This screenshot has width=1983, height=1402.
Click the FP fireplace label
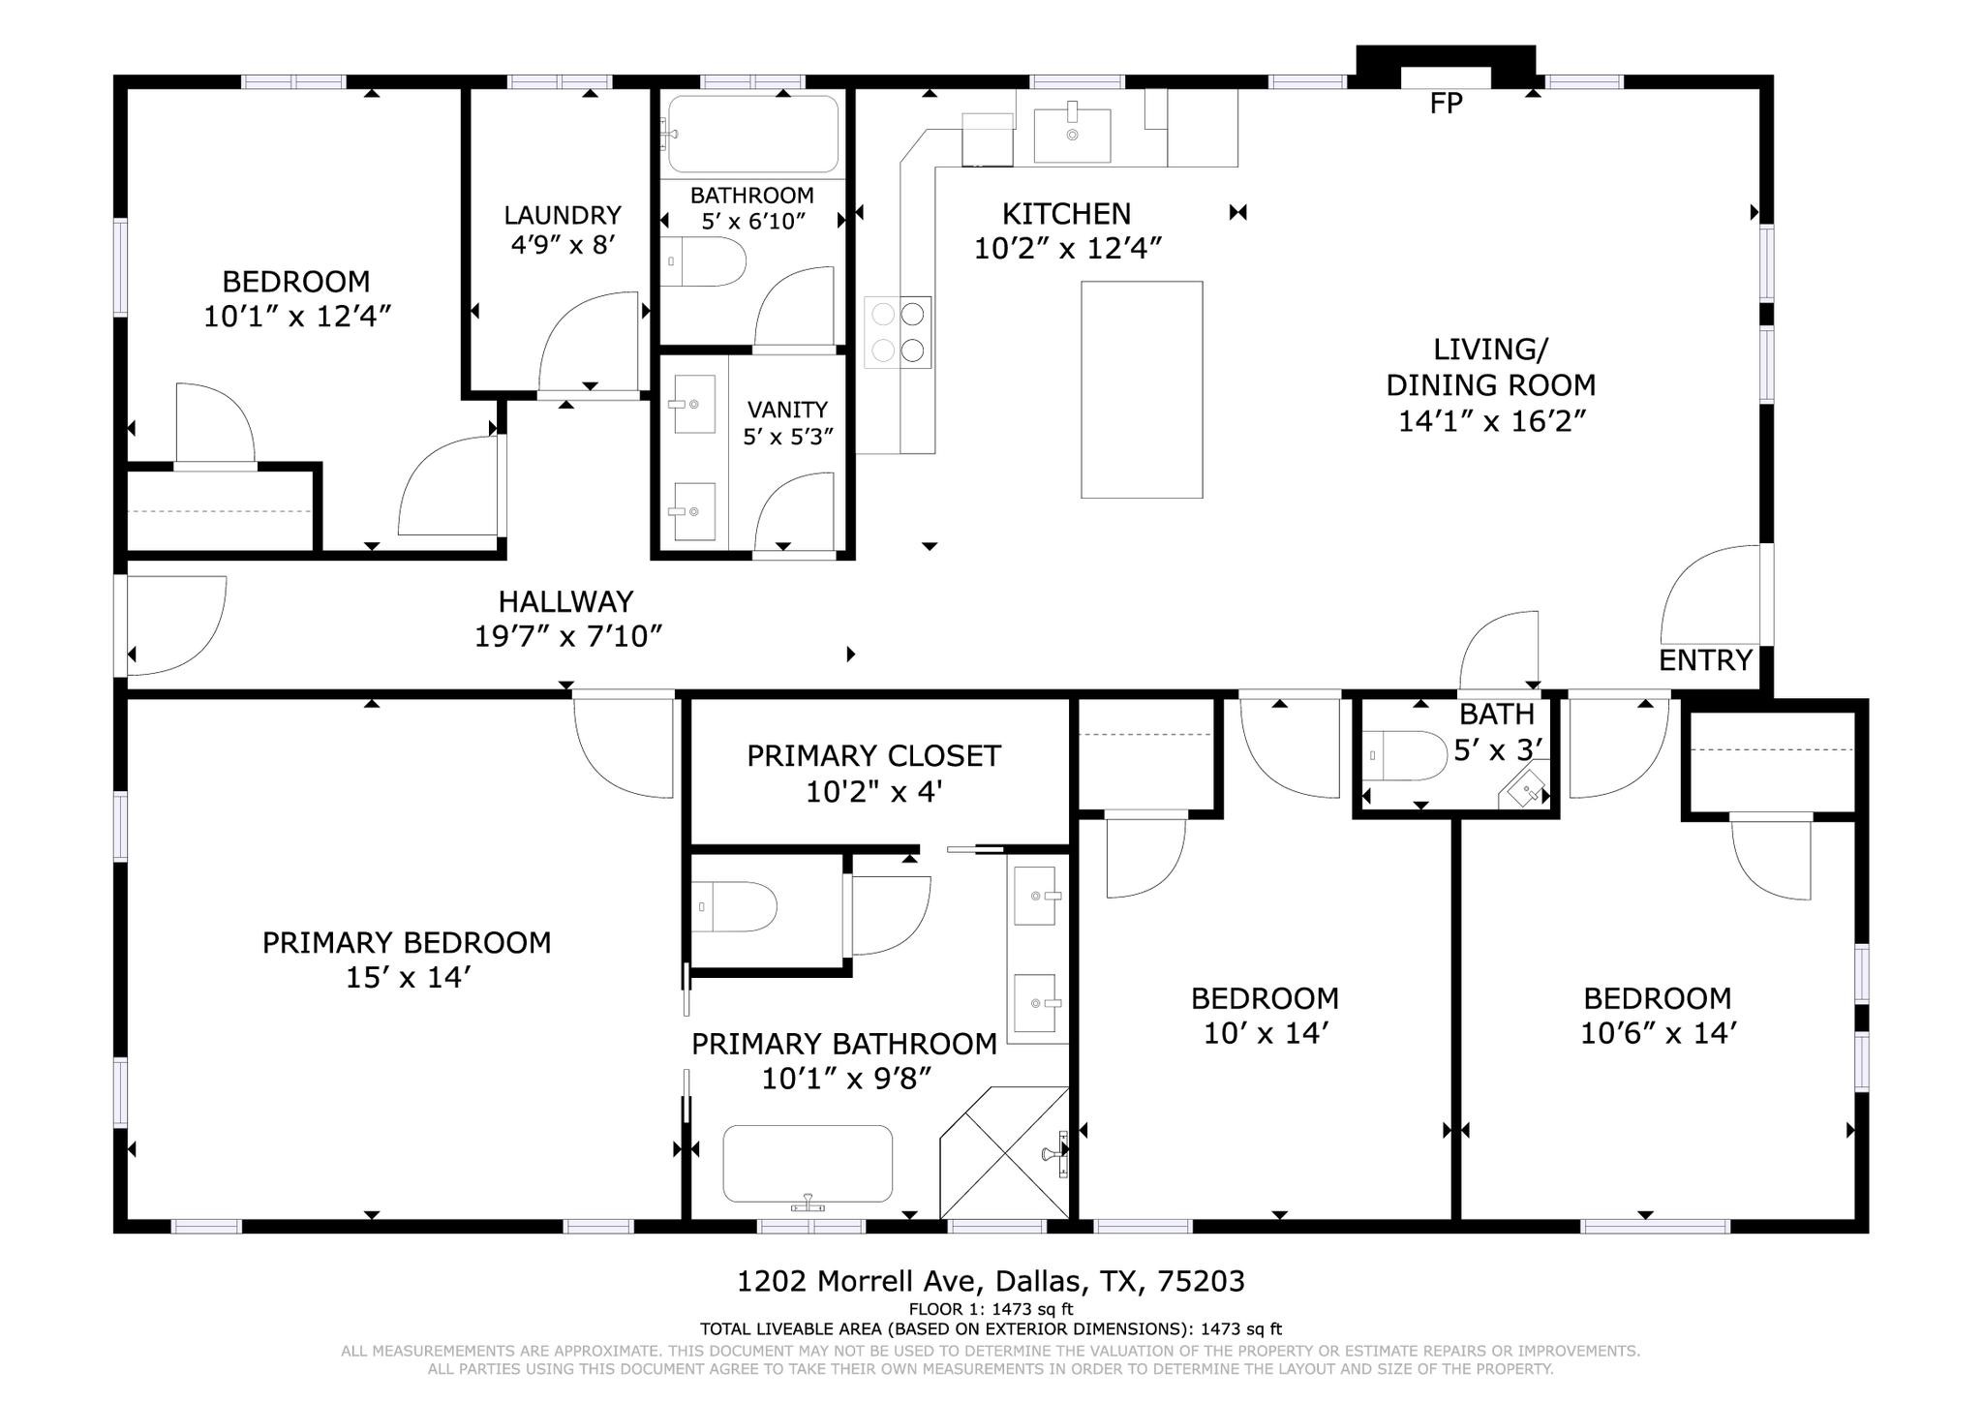(x=1446, y=103)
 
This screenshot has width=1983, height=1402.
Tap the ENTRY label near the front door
(x=1705, y=660)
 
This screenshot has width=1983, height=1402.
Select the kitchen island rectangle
(x=1142, y=389)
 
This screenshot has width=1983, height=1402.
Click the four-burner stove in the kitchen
(x=898, y=332)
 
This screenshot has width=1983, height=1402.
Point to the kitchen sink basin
(x=1072, y=136)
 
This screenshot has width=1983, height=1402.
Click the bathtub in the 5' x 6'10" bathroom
(x=753, y=134)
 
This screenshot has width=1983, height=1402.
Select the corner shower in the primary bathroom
(x=1005, y=1152)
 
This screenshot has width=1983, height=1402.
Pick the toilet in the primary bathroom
(x=735, y=906)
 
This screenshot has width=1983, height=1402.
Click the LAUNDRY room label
(x=563, y=215)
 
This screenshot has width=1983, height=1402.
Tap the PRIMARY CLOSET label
(x=873, y=756)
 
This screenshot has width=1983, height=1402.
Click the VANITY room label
(x=787, y=410)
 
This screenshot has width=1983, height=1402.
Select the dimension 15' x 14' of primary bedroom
(x=408, y=977)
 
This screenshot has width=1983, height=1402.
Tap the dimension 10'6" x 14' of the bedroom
(x=1658, y=1033)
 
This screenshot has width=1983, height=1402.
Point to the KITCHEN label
(x=1066, y=213)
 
